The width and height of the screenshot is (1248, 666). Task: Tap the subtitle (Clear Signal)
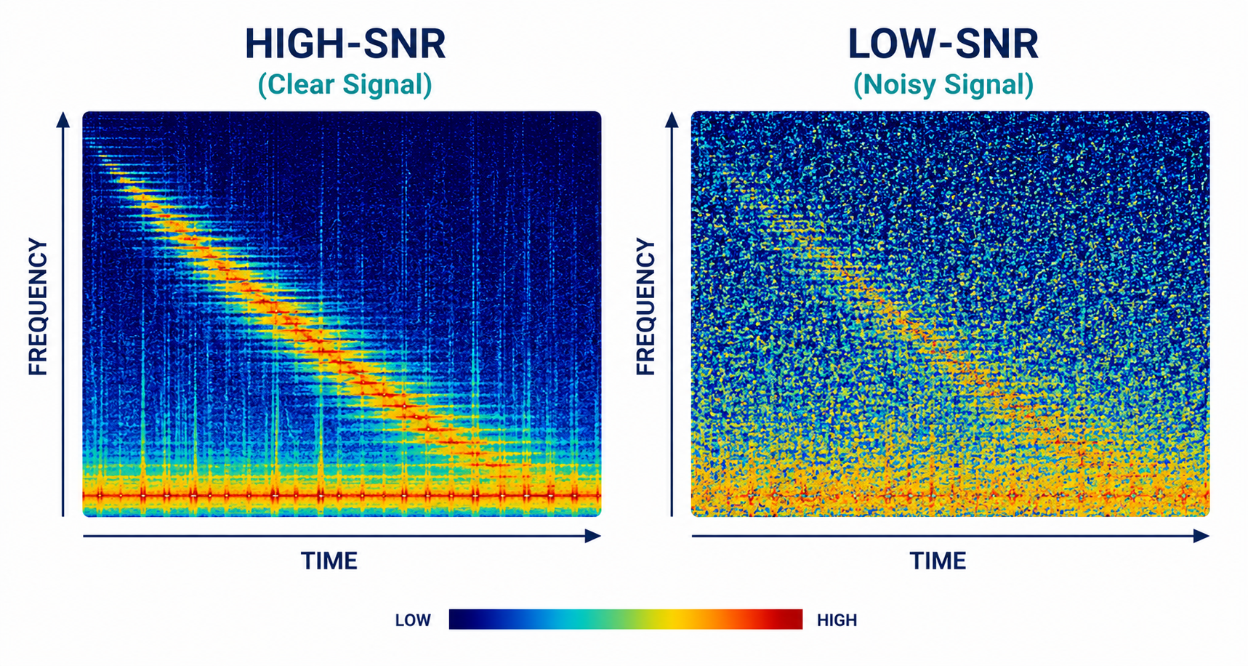point(345,84)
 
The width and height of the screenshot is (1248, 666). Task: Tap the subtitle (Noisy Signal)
point(943,84)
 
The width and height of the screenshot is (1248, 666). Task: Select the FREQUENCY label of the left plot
point(38,307)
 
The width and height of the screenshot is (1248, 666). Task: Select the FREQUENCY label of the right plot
point(645,307)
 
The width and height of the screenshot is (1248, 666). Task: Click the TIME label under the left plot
point(329,561)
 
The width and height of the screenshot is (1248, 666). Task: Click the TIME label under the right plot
point(938,561)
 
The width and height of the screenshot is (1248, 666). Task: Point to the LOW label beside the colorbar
point(413,620)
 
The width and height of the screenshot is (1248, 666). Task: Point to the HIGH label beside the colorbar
point(837,620)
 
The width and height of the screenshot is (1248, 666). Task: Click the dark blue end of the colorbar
point(459,619)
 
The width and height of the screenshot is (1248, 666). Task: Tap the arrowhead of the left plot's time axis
point(594,537)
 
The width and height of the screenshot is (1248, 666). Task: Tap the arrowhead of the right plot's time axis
point(1201,537)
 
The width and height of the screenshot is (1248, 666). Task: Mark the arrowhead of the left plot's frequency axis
point(63,119)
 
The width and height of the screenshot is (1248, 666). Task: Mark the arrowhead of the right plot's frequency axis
point(672,119)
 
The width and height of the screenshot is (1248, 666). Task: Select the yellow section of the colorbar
point(672,619)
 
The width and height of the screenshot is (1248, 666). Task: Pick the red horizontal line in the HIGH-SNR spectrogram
point(342,496)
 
